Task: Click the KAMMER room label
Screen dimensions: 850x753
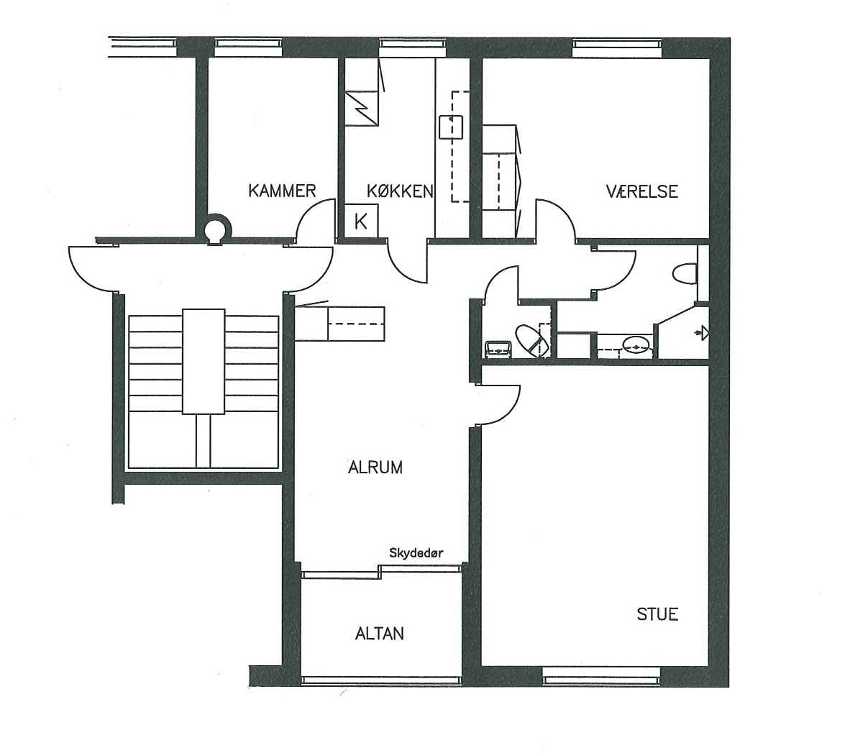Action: tap(282, 191)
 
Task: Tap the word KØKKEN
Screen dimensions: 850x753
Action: tap(400, 191)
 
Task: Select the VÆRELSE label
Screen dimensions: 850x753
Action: tap(642, 191)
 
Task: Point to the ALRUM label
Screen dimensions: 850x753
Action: tap(375, 467)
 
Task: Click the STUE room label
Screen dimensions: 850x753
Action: tap(657, 614)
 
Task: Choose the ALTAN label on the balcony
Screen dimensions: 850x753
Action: tap(380, 634)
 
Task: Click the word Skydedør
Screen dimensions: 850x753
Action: tap(416, 554)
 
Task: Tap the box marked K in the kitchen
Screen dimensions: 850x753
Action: tap(362, 221)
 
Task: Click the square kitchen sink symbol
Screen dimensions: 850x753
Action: tap(450, 127)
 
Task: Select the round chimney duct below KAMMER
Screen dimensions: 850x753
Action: tap(217, 229)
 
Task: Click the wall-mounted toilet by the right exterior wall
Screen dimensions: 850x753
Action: tap(685, 274)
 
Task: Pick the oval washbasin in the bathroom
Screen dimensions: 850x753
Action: tap(636, 344)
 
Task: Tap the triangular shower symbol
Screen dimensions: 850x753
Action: tap(703, 332)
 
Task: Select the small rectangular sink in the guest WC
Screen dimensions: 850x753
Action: tap(498, 349)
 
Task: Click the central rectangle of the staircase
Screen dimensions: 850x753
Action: tap(204, 362)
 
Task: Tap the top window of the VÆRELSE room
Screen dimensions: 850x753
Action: tap(618, 48)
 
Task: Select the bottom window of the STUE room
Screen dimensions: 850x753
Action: tap(602, 675)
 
